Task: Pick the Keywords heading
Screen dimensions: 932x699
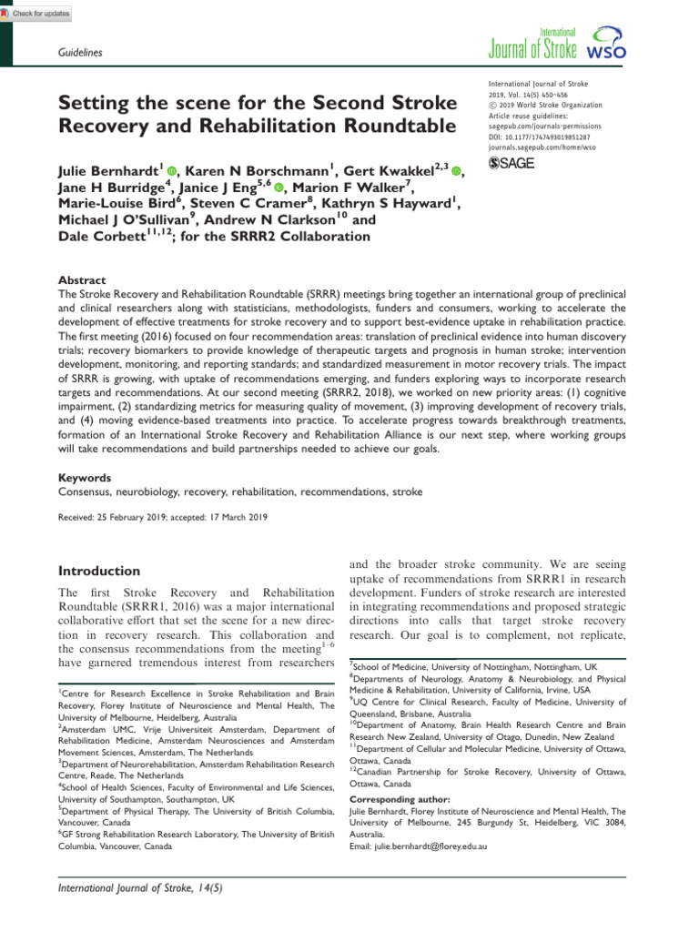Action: tap(85, 477)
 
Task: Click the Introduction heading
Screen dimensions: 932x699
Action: tap(98, 572)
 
